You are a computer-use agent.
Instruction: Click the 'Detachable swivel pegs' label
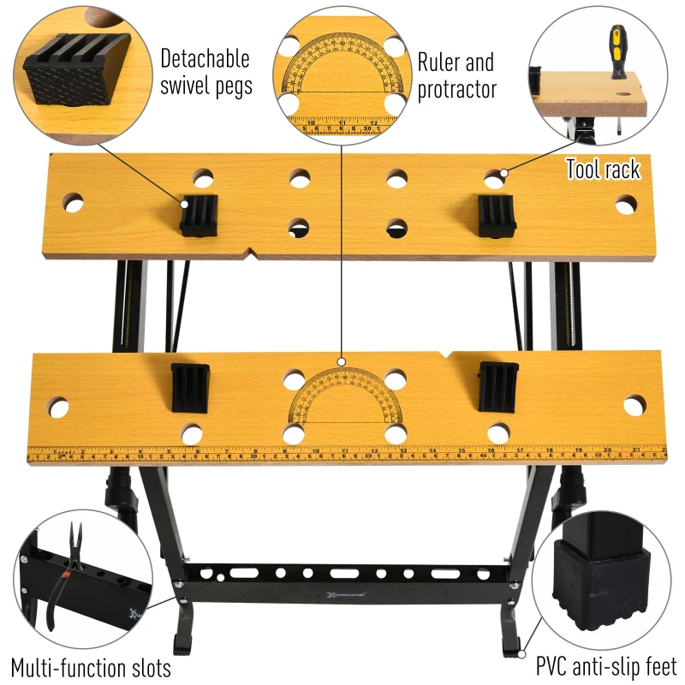[x=205, y=73]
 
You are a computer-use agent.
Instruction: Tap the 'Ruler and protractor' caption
[x=456, y=75]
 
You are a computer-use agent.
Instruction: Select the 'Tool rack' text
[x=602, y=170]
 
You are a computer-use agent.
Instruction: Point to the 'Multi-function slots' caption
[x=91, y=667]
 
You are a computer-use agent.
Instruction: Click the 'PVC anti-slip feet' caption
[x=606, y=665]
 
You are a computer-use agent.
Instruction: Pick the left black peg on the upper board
[x=199, y=214]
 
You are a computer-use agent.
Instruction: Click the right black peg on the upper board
[x=496, y=216]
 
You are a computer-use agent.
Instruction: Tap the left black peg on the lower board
[x=190, y=388]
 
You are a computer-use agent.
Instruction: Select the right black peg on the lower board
[x=497, y=386]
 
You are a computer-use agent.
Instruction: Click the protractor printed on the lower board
[x=343, y=398]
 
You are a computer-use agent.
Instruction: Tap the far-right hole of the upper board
[x=626, y=205]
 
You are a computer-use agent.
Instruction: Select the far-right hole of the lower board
[x=634, y=405]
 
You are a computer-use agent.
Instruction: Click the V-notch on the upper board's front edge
[x=252, y=253]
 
